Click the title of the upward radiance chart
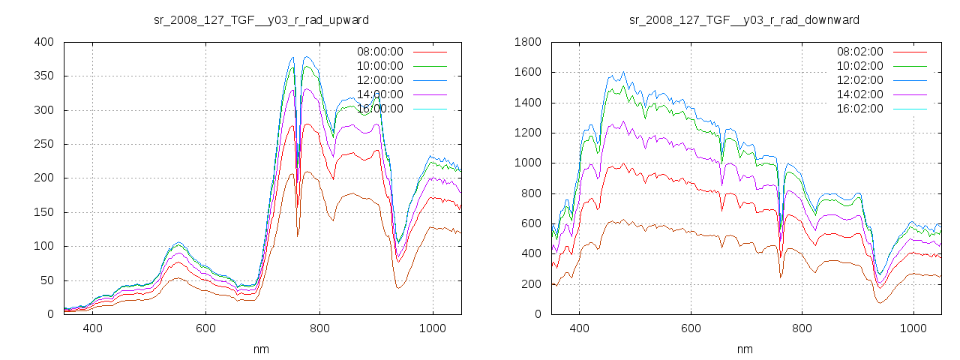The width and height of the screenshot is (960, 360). pyautogui.click(x=261, y=19)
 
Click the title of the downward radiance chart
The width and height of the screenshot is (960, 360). pyautogui.click(x=744, y=19)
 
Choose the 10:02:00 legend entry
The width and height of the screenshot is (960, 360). pyautogui.click(x=860, y=66)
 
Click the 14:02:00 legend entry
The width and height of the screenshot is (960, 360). pyautogui.click(x=860, y=94)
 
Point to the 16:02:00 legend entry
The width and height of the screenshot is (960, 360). pyautogui.click(x=860, y=109)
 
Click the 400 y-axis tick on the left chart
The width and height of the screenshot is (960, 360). pyautogui.click(x=43, y=42)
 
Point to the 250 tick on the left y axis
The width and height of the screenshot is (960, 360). pyautogui.click(x=43, y=144)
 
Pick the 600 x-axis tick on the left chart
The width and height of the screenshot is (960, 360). pyautogui.click(x=206, y=328)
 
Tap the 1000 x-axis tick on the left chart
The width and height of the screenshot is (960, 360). pyautogui.click(x=433, y=328)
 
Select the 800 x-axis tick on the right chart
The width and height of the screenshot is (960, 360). pyautogui.click(x=802, y=328)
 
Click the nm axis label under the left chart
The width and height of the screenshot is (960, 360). pyautogui.click(x=262, y=349)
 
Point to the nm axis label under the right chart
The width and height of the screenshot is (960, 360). pyautogui.click(x=745, y=349)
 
